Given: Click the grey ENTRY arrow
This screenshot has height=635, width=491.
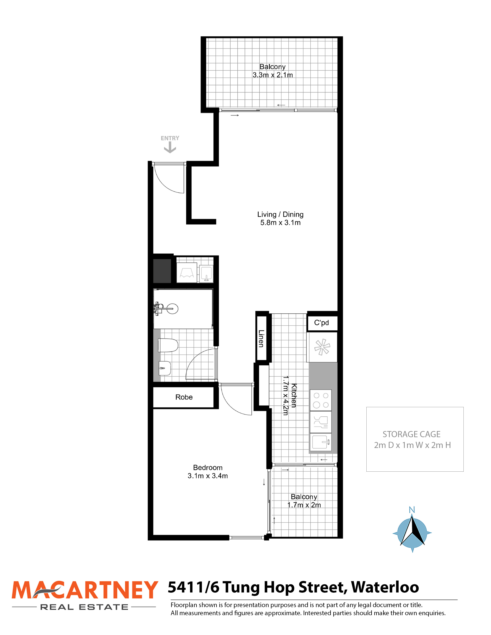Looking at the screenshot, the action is (x=170, y=149).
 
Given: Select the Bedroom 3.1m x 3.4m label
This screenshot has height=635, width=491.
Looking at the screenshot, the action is (x=208, y=472).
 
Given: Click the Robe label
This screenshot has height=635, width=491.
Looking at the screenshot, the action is (x=184, y=397).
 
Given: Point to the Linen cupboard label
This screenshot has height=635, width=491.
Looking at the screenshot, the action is (x=261, y=338).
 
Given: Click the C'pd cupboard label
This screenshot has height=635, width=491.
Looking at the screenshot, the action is (x=321, y=323).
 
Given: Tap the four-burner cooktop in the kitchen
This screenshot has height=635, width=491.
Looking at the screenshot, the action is (x=321, y=400).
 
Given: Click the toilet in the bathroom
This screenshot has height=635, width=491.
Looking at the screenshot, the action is (x=168, y=345).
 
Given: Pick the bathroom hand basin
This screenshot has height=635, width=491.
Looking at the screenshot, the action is (x=165, y=368).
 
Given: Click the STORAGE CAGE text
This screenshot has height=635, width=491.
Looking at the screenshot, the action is (x=412, y=434).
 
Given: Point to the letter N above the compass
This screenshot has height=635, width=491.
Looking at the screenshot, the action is (x=412, y=510).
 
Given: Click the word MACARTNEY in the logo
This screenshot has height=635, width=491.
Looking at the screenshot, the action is (x=85, y=590).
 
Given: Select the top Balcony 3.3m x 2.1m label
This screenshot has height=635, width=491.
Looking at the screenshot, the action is (x=272, y=71).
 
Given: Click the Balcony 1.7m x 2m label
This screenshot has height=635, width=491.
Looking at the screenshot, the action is (x=304, y=501).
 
